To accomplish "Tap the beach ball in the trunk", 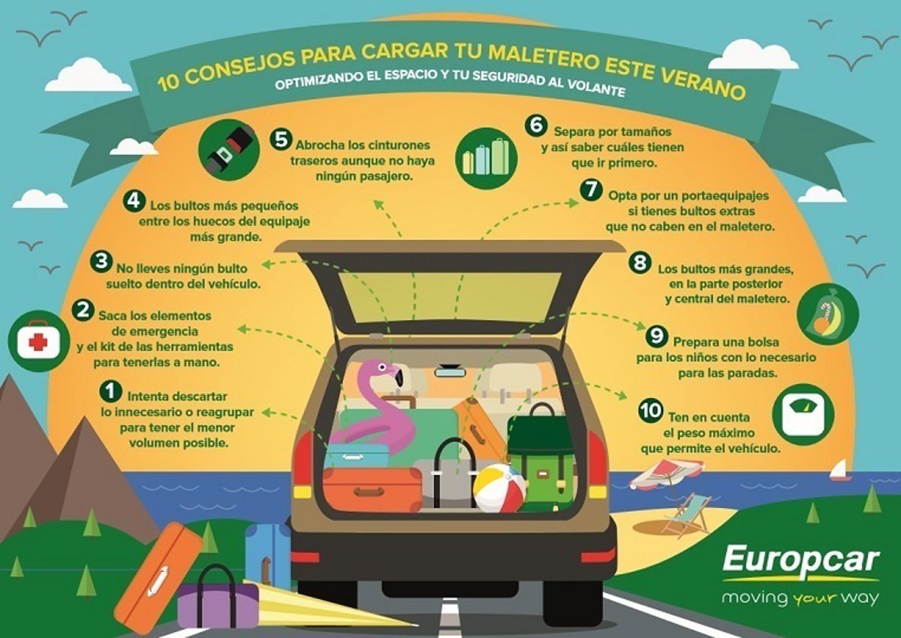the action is point(499,487).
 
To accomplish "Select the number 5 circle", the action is point(280,139).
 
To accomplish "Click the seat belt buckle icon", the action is point(229,150).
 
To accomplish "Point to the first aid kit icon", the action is point(38,342).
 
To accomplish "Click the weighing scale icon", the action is point(803,414).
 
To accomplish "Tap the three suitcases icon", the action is point(486,158).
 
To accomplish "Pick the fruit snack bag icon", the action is point(827,314).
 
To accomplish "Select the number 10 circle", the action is point(650,411).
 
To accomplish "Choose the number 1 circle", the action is point(111,390).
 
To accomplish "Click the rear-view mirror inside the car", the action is point(450,372).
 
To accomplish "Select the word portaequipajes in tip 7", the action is point(725,196).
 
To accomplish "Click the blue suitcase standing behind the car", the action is point(267,556).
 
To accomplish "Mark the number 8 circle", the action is point(640,263).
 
